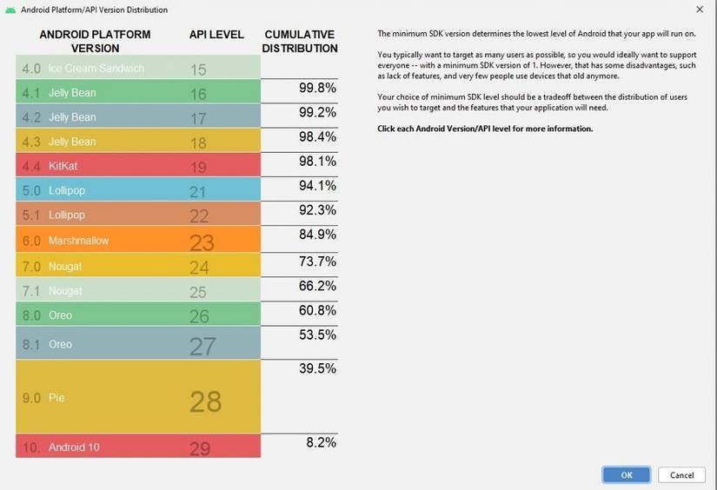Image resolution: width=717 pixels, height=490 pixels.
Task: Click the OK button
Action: pyautogui.click(x=627, y=474)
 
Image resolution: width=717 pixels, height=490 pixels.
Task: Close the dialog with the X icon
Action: pyautogui.click(x=700, y=10)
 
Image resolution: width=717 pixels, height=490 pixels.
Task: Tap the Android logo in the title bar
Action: pyautogui.click(x=10, y=10)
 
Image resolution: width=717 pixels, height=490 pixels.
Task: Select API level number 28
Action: pyautogui.click(x=206, y=401)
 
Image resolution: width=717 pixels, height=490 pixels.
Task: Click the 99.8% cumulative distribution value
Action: pyautogui.click(x=319, y=89)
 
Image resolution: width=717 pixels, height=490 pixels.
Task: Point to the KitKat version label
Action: pyautogui.click(x=63, y=165)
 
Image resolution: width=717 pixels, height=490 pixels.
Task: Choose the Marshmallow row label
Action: pyautogui.click(x=78, y=241)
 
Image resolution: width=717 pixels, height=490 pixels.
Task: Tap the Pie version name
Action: pyautogui.click(x=56, y=398)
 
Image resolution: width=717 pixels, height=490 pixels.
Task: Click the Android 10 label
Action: pyautogui.click(x=74, y=447)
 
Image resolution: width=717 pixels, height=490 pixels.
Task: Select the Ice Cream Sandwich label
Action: pyautogui.click(x=96, y=69)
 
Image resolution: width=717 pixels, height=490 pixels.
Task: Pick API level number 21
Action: pyautogui.click(x=198, y=191)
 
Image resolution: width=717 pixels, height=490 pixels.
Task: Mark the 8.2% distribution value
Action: pyautogui.click(x=322, y=442)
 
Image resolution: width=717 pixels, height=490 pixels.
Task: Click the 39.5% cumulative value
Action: pyautogui.click(x=317, y=368)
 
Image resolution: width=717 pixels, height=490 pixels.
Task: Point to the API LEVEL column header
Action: pyautogui.click(x=216, y=35)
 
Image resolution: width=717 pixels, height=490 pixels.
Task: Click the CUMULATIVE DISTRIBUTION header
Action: pyautogui.click(x=299, y=42)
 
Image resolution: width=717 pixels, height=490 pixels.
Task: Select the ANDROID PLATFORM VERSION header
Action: pyautogui.click(x=95, y=42)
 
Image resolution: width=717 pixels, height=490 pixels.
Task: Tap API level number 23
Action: pyautogui.click(x=202, y=242)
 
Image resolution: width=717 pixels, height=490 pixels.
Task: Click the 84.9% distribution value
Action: pyautogui.click(x=317, y=234)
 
